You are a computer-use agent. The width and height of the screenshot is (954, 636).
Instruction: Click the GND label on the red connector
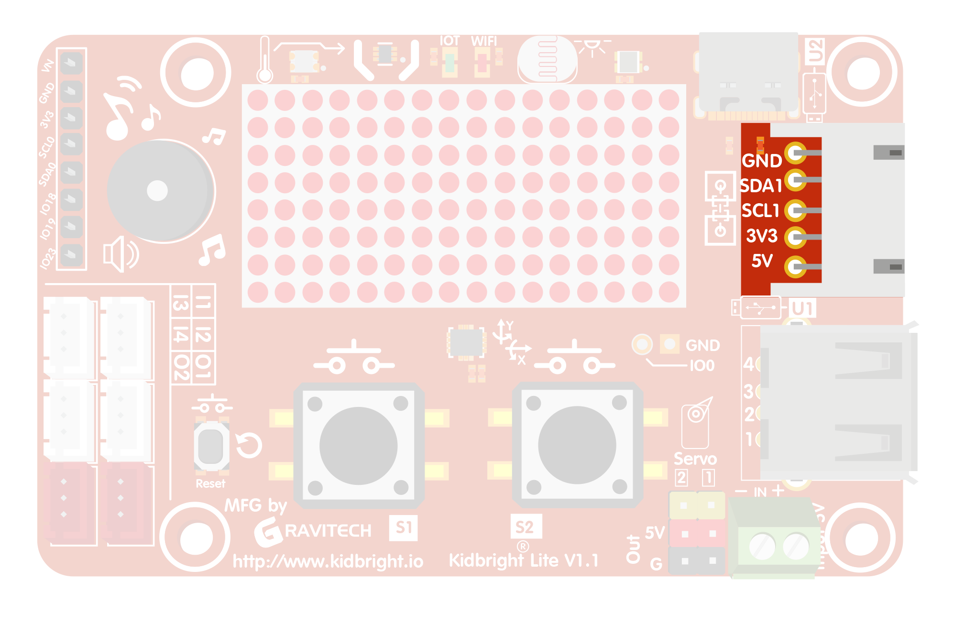pyautogui.click(x=762, y=161)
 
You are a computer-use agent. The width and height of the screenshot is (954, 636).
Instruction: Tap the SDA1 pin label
pyautogui.click(x=761, y=186)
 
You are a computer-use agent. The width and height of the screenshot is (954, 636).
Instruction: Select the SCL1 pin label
pyautogui.click(x=760, y=210)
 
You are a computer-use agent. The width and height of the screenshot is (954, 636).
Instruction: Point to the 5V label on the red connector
pyautogui.click(x=762, y=261)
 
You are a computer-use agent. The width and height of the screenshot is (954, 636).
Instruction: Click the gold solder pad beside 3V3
pyautogui.click(x=795, y=237)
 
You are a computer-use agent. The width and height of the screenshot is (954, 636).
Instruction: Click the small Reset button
pyautogui.click(x=211, y=446)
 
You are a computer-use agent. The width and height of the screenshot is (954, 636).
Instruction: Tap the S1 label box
pyautogui.click(x=404, y=527)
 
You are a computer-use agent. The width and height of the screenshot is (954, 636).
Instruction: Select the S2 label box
pyautogui.click(x=525, y=527)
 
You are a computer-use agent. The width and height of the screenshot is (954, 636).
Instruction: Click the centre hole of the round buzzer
pyautogui.click(x=157, y=191)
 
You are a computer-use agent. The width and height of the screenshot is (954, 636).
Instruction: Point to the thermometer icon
pyautogui.click(x=264, y=60)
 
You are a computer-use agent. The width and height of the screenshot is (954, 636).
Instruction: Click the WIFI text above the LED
pyautogui.click(x=483, y=41)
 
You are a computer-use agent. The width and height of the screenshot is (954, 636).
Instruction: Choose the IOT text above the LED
pyautogui.click(x=450, y=41)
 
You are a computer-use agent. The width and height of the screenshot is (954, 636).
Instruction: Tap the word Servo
pyautogui.click(x=695, y=459)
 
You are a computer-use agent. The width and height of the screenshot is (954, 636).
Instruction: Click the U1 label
pyautogui.click(x=802, y=308)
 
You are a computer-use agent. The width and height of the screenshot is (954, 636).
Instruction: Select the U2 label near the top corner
pyautogui.click(x=815, y=51)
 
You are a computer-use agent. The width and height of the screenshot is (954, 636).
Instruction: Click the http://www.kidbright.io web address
pyautogui.click(x=328, y=561)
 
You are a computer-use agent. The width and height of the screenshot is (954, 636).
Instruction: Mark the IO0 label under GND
pyautogui.click(x=702, y=366)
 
